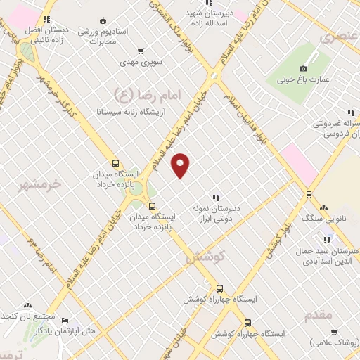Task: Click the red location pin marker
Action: point(181,165)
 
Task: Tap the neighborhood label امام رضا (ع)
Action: point(146,94)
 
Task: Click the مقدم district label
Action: point(319,314)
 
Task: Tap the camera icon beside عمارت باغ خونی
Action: point(303,68)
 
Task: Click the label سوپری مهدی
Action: point(141,63)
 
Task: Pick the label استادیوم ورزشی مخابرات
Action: point(122,37)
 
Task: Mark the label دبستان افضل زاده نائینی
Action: point(46,35)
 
